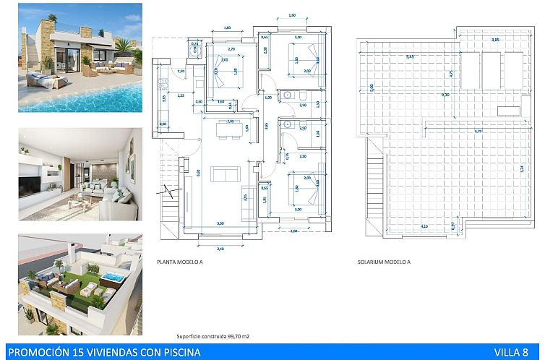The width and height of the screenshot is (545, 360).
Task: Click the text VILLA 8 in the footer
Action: tap(510, 352)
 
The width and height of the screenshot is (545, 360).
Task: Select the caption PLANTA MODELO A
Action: tap(180, 262)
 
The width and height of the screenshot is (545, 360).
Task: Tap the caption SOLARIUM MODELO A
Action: tap(384, 262)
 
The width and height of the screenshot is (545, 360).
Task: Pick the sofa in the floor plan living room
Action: tap(225, 174)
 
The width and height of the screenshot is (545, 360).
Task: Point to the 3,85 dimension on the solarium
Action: tap(496, 40)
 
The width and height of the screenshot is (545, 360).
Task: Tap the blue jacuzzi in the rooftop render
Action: tap(112, 278)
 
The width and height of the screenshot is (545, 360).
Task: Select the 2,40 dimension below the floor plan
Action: tap(221, 248)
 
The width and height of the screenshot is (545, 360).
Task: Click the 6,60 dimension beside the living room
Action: tap(198, 171)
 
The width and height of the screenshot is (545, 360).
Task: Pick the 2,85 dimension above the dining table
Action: tap(231, 121)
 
